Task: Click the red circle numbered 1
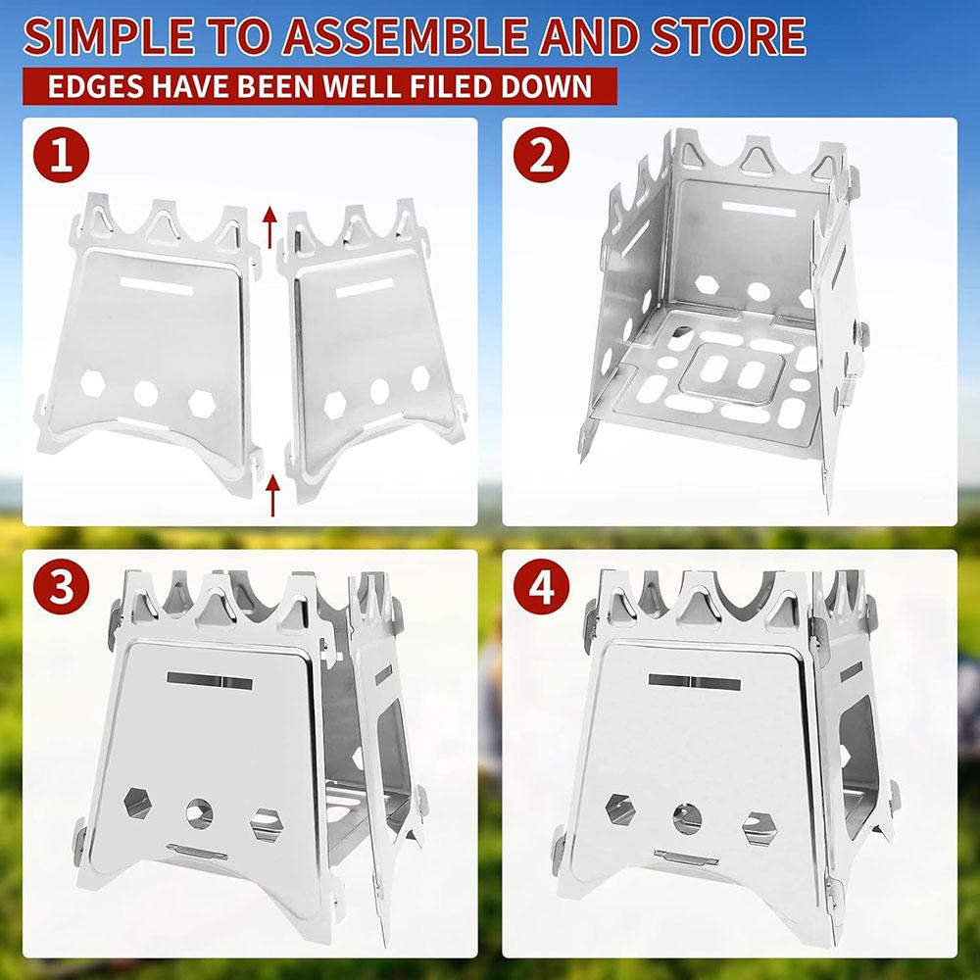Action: (x=63, y=157)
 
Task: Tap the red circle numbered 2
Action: (x=542, y=157)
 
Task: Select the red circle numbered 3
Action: (x=63, y=587)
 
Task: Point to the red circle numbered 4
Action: (x=542, y=587)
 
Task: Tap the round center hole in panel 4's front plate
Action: (x=686, y=812)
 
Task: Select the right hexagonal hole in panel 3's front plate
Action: (x=266, y=823)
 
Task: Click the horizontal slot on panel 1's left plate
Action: (x=158, y=284)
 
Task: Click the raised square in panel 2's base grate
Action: (x=734, y=373)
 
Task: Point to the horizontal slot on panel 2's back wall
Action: (x=758, y=209)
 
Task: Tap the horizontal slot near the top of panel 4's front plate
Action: (x=694, y=681)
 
